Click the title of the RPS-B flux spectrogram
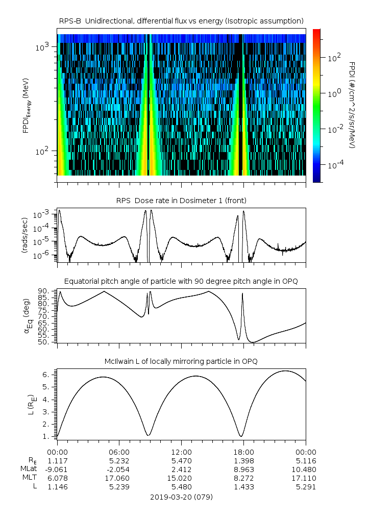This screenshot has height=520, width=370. coord(181,20)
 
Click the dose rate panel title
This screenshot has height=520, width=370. coord(181,201)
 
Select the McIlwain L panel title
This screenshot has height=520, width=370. coord(181,361)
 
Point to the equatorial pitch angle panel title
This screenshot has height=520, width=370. coord(181,281)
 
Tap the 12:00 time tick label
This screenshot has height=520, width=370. coord(181,452)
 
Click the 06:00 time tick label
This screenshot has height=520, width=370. coord(119,452)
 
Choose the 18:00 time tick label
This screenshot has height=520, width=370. coord(243,452)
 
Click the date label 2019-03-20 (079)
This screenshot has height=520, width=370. coord(181,497)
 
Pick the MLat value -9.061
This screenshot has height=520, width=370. coord(57,469)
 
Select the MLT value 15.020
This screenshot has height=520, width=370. coord(181,478)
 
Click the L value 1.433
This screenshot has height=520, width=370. coord(243,487)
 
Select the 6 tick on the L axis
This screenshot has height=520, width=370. coord(46,375)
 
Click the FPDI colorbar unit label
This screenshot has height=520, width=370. coord(352,105)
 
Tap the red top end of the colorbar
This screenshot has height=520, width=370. coord(316,31)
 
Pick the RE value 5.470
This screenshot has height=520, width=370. coord(181,460)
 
